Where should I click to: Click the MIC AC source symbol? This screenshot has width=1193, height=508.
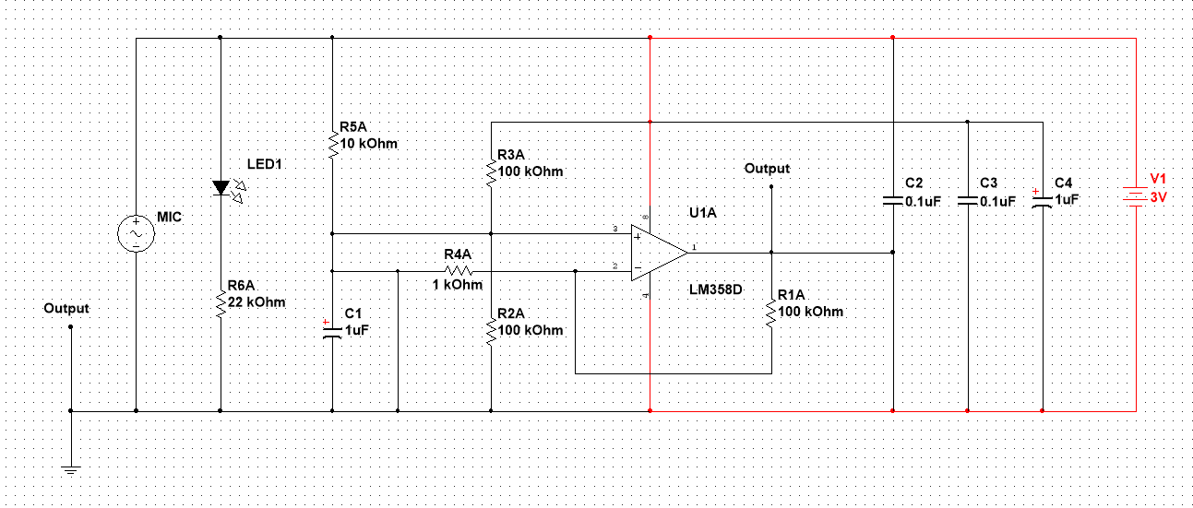pos(136,234)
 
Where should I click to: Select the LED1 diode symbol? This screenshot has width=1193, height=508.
pos(220,188)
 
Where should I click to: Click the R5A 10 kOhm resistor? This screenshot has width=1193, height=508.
pos(332,145)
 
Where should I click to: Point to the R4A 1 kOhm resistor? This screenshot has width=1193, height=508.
pos(459,271)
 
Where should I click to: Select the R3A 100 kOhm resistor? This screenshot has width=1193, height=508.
pos(491,171)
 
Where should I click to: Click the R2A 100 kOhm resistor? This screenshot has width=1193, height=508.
pos(491,329)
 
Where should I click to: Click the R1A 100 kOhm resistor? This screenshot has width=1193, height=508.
pos(770,313)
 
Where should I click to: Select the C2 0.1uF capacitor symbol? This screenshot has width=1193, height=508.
pos(893,199)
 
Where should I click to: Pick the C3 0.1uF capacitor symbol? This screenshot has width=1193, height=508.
pos(968,200)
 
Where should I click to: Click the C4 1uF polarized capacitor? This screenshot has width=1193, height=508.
pos(1042,202)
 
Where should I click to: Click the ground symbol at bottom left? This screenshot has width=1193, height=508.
pos(70,469)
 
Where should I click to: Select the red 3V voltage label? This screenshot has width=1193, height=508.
pos(1158,197)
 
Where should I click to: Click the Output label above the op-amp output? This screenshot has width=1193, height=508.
pos(767,169)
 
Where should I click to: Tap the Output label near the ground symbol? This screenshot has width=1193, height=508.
pos(66,308)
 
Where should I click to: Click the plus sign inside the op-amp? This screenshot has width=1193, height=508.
pos(638,236)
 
